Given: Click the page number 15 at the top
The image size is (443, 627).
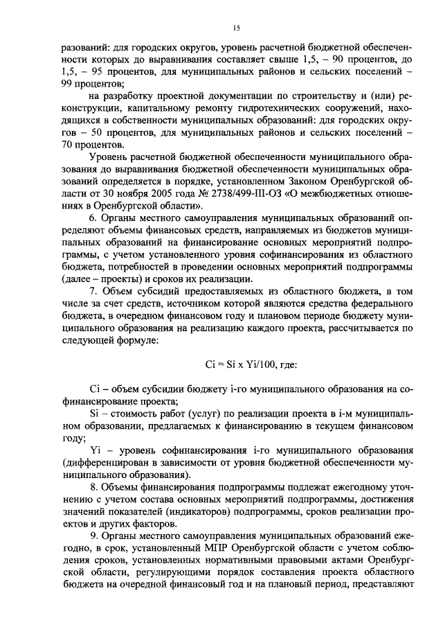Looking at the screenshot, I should point(235,28).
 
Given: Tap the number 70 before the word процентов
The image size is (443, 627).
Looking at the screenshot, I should point(69,145).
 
